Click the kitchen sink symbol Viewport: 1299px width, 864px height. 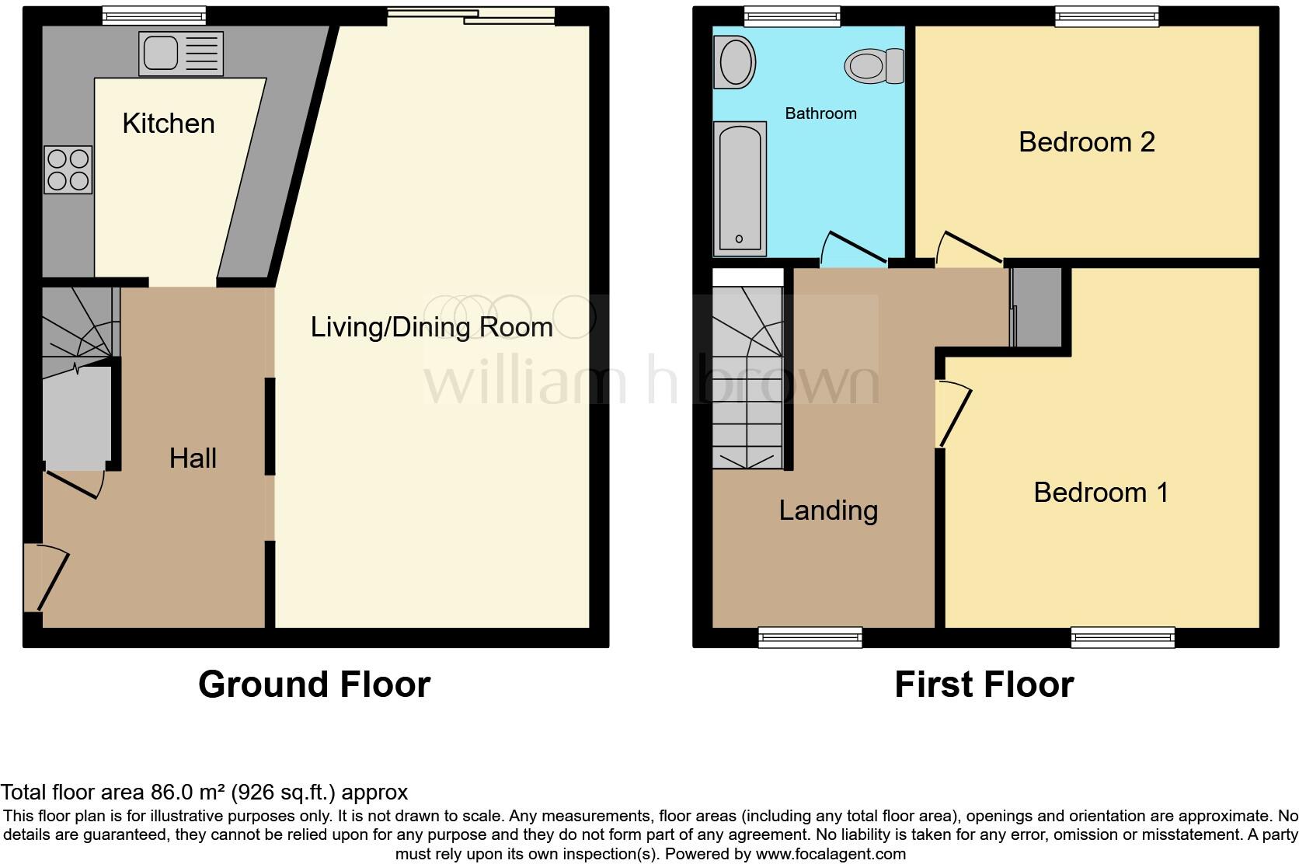[x=180, y=54]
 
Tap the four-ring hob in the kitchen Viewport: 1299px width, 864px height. [x=68, y=170]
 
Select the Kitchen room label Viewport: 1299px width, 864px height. [x=168, y=124]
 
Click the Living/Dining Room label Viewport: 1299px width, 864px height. [x=431, y=327]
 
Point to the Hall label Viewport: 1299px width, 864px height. [x=193, y=458]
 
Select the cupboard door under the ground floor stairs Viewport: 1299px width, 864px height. [x=75, y=481]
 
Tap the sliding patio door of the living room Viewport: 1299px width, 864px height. [x=472, y=16]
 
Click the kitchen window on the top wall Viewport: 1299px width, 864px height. [x=154, y=16]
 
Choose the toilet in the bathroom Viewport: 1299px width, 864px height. [x=874, y=65]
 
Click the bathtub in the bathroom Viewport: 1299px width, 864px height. [x=739, y=189]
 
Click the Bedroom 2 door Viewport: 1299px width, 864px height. [x=967, y=249]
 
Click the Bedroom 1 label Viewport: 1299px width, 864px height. [x=1100, y=493]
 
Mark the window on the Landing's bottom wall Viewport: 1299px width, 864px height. [x=810, y=638]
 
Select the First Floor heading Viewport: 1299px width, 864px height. [x=984, y=685]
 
